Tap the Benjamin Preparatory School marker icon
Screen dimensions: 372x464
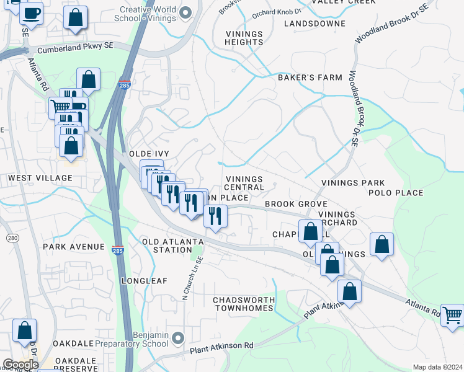178,338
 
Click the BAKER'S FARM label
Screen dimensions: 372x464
310,77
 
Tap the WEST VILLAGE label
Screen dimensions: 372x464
40,178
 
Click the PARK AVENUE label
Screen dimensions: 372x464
74,247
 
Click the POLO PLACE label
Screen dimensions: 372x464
396,193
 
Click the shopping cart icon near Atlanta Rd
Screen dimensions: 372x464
452,315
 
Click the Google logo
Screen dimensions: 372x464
20,365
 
